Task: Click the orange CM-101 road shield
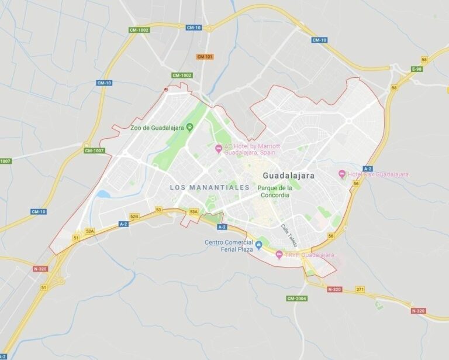[205, 57]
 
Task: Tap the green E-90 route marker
[416, 69]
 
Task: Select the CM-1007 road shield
[94, 150]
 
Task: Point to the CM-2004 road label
[297, 299]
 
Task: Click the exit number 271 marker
[360, 289]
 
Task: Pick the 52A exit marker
[90, 231]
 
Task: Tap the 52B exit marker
[134, 217]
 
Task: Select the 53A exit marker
[194, 212]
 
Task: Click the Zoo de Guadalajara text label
[157, 128]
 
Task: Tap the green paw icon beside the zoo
[190, 127]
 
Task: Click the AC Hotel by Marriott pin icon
[219, 148]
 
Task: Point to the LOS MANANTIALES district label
[209, 187]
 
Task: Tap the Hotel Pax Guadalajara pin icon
[342, 174]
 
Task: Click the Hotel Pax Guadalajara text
[378, 174]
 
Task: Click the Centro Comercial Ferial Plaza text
[229, 246]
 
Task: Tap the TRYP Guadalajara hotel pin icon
[279, 255]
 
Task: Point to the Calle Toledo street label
[289, 234]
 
